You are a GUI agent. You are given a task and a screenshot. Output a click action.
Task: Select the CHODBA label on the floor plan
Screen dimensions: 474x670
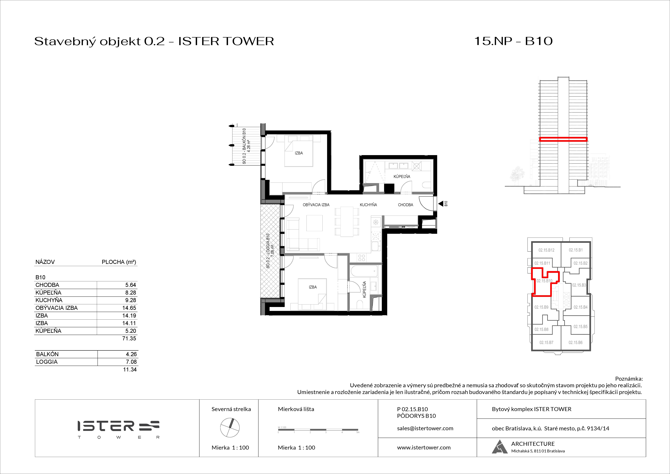coord(405,205)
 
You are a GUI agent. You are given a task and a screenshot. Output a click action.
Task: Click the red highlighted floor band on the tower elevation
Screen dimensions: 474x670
coord(563,140)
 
